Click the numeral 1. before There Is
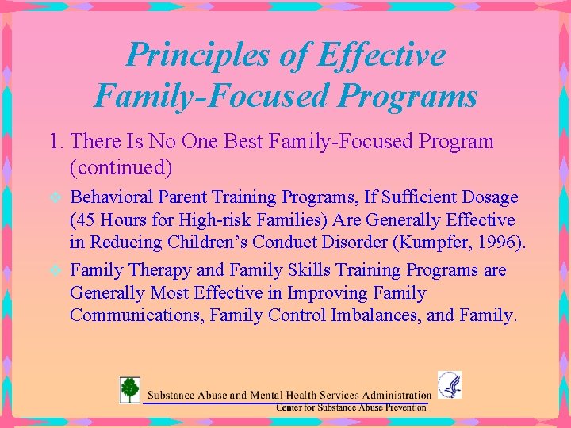[56, 143]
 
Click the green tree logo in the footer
[129, 390]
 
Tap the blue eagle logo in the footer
[449, 385]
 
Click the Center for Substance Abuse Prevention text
[351, 407]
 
